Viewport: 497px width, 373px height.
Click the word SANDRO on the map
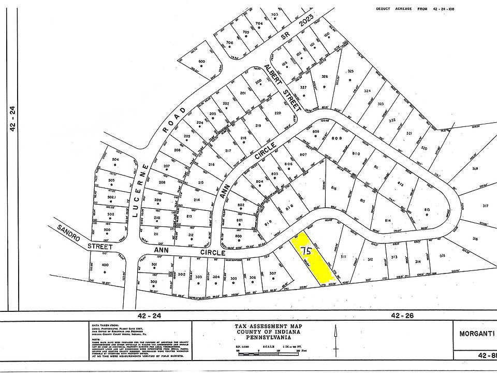click(67, 234)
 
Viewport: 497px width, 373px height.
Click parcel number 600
click(201, 62)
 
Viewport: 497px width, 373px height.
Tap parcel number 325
click(350, 71)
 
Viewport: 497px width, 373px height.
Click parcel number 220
click(277, 113)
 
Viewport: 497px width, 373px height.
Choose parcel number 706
click(230, 42)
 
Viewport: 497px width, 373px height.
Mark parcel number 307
click(273, 274)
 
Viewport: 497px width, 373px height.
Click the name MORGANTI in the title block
click(475, 334)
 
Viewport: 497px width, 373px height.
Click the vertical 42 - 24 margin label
click(13, 119)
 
